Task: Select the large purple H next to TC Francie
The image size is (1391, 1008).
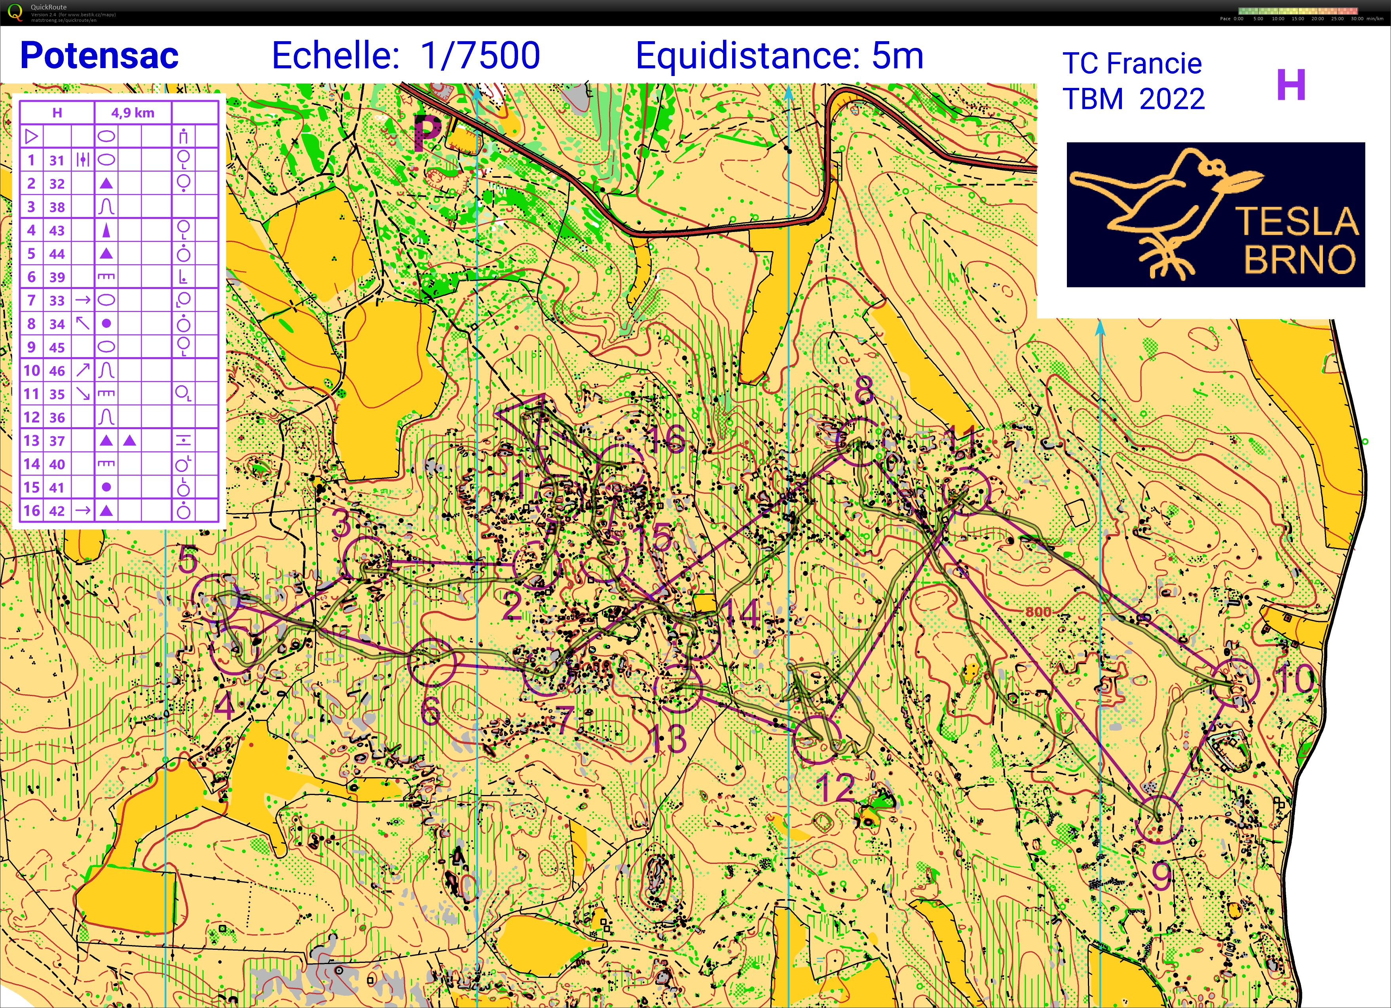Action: click(x=1290, y=85)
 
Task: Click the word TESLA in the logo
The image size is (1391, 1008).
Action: click(x=1296, y=221)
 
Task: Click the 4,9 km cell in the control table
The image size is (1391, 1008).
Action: click(x=133, y=113)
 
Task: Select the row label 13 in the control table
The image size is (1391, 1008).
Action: click(x=31, y=441)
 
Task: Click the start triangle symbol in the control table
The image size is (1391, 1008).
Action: click(x=31, y=136)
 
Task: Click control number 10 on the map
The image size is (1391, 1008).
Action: click(x=1295, y=679)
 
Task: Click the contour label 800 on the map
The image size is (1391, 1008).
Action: click(x=1038, y=612)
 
